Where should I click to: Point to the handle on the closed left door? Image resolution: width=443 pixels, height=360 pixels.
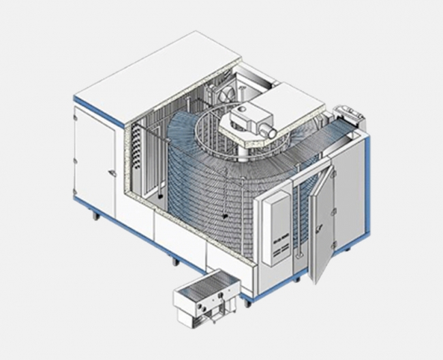coord(109,173)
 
